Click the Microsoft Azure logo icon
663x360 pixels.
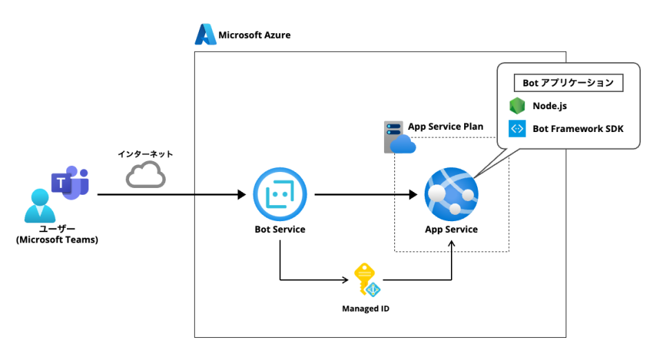(206, 35)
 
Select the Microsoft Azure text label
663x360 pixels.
(254, 35)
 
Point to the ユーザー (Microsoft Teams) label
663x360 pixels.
(57, 234)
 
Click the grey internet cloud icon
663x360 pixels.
(146, 175)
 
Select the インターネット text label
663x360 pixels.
(145, 153)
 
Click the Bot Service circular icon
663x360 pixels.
(280, 195)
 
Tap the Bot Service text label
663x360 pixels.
(280, 229)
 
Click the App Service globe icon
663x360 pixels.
(451, 195)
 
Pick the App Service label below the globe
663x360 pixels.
(451, 229)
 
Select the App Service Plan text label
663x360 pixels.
(445, 126)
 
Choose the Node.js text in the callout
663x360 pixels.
(550, 106)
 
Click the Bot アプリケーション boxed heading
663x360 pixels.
(568, 83)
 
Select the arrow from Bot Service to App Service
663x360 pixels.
(366, 195)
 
